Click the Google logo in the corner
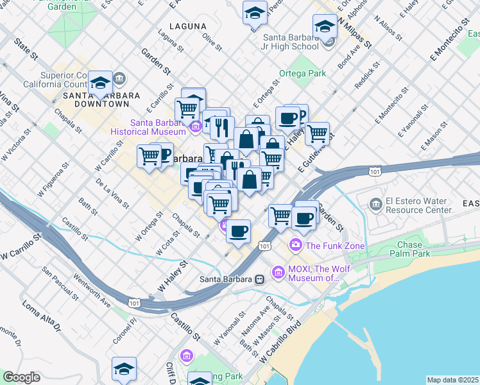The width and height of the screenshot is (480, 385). (x=21, y=377)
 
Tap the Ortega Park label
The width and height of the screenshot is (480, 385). (x=302, y=74)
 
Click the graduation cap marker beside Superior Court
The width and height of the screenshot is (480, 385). (x=100, y=83)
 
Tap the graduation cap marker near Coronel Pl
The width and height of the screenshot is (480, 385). (x=124, y=369)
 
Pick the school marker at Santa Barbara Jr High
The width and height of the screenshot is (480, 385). (x=325, y=28)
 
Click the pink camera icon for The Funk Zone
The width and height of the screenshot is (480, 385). (x=296, y=244)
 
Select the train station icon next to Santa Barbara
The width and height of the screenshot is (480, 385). (x=259, y=279)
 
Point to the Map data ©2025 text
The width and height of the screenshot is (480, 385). (x=452, y=380)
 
